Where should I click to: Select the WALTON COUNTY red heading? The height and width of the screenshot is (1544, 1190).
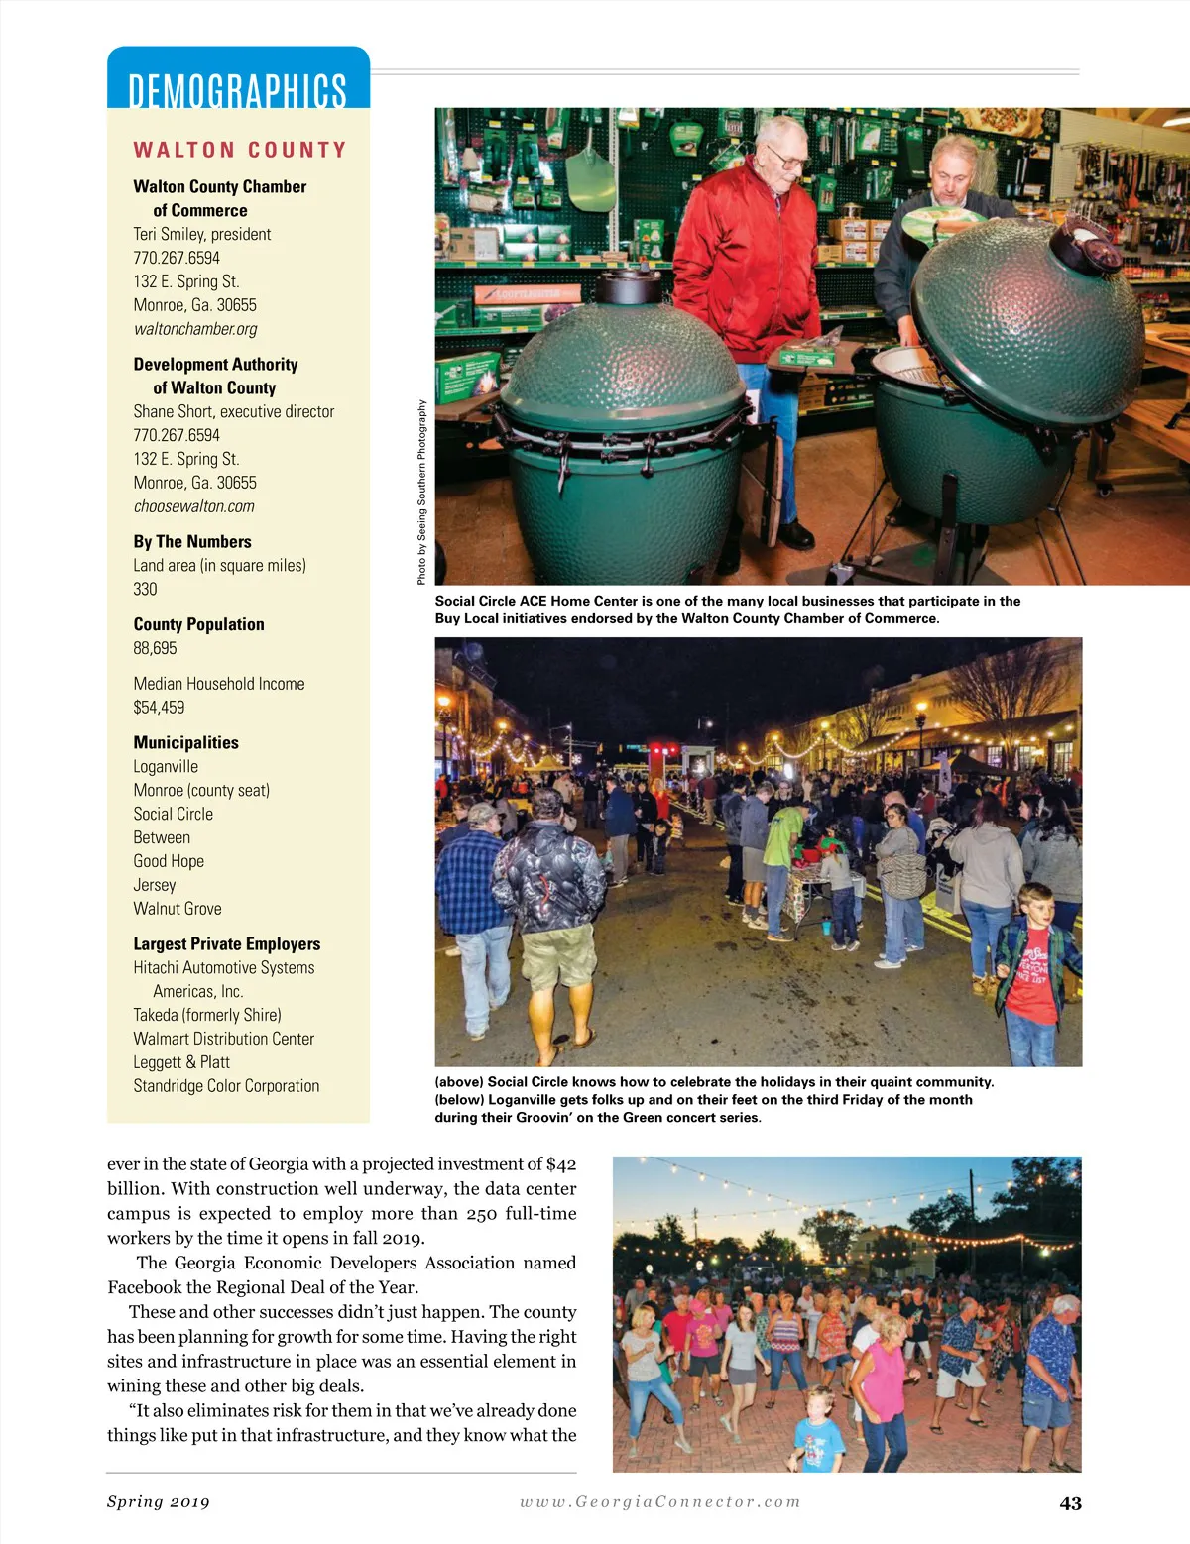tap(240, 150)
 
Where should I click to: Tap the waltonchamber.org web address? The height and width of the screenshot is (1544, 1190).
tap(195, 329)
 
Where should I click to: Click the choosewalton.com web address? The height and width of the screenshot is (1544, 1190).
tap(194, 506)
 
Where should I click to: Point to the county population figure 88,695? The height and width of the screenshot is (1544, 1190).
tap(156, 648)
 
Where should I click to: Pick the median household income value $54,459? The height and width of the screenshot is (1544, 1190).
tap(159, 708)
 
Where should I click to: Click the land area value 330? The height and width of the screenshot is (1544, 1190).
tap(145, 589)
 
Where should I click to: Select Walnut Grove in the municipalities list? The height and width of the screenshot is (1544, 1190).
tap(178, 909)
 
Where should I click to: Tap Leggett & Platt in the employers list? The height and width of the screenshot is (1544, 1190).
tap(181, 1062)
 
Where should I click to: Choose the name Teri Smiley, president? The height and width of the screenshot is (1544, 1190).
tap(202, 234)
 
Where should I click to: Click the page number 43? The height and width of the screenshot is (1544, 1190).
tap(1070, 1503)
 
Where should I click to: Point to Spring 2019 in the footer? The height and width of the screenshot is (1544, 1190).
tap(159, 1502)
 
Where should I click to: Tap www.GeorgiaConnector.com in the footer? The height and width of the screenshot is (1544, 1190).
tap(660, 1502)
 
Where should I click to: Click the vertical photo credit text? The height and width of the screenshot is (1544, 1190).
tap(422, 492)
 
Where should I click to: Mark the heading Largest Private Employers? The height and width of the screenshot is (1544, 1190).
tap(227, 944)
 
